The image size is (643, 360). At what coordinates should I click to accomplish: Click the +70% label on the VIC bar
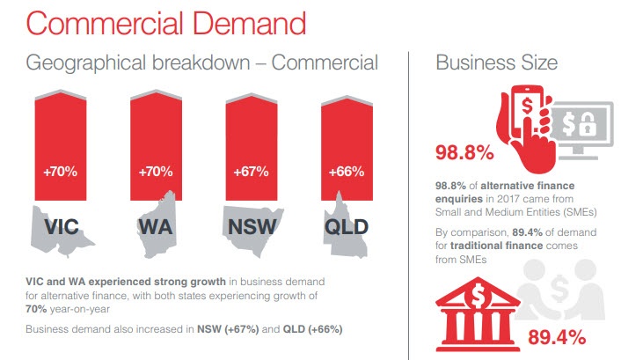[x=61, y=171]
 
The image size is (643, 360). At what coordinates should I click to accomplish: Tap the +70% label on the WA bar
[x=156, y=171]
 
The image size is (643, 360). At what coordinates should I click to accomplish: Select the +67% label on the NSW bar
[x=251, y=171]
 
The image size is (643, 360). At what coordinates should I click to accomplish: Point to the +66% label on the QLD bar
[x=347, y=171]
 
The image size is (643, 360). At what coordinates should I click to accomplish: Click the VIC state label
[x=62, y=227]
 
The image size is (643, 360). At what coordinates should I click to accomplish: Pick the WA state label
[x=156, y=227]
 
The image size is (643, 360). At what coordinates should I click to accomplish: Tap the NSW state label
[x=252, y=227]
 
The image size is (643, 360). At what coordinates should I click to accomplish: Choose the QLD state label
[x=347, y=227]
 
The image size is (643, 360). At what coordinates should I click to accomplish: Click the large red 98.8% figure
[x=464, y=152]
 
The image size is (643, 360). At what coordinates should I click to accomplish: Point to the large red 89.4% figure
[x=557, y=337]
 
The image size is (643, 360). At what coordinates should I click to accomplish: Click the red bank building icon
[x=478, y=314]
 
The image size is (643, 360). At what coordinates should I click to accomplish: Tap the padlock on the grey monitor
[x=588, y=124]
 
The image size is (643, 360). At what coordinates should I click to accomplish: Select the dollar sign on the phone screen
[x=528, y=106]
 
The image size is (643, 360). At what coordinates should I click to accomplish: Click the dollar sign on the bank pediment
[x=478, y=295]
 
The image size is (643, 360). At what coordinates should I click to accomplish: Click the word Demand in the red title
[x=249, y=24]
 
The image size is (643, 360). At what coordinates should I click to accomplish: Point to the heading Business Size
[x=497, y=62]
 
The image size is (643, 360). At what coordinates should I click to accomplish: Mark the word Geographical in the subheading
[x=85, y=63]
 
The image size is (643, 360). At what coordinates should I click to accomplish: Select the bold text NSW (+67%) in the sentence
[x=228, y=329]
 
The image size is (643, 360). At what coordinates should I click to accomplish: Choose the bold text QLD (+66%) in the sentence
[x=312, y=329]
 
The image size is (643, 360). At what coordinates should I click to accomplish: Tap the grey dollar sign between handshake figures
[x=559, y=288]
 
